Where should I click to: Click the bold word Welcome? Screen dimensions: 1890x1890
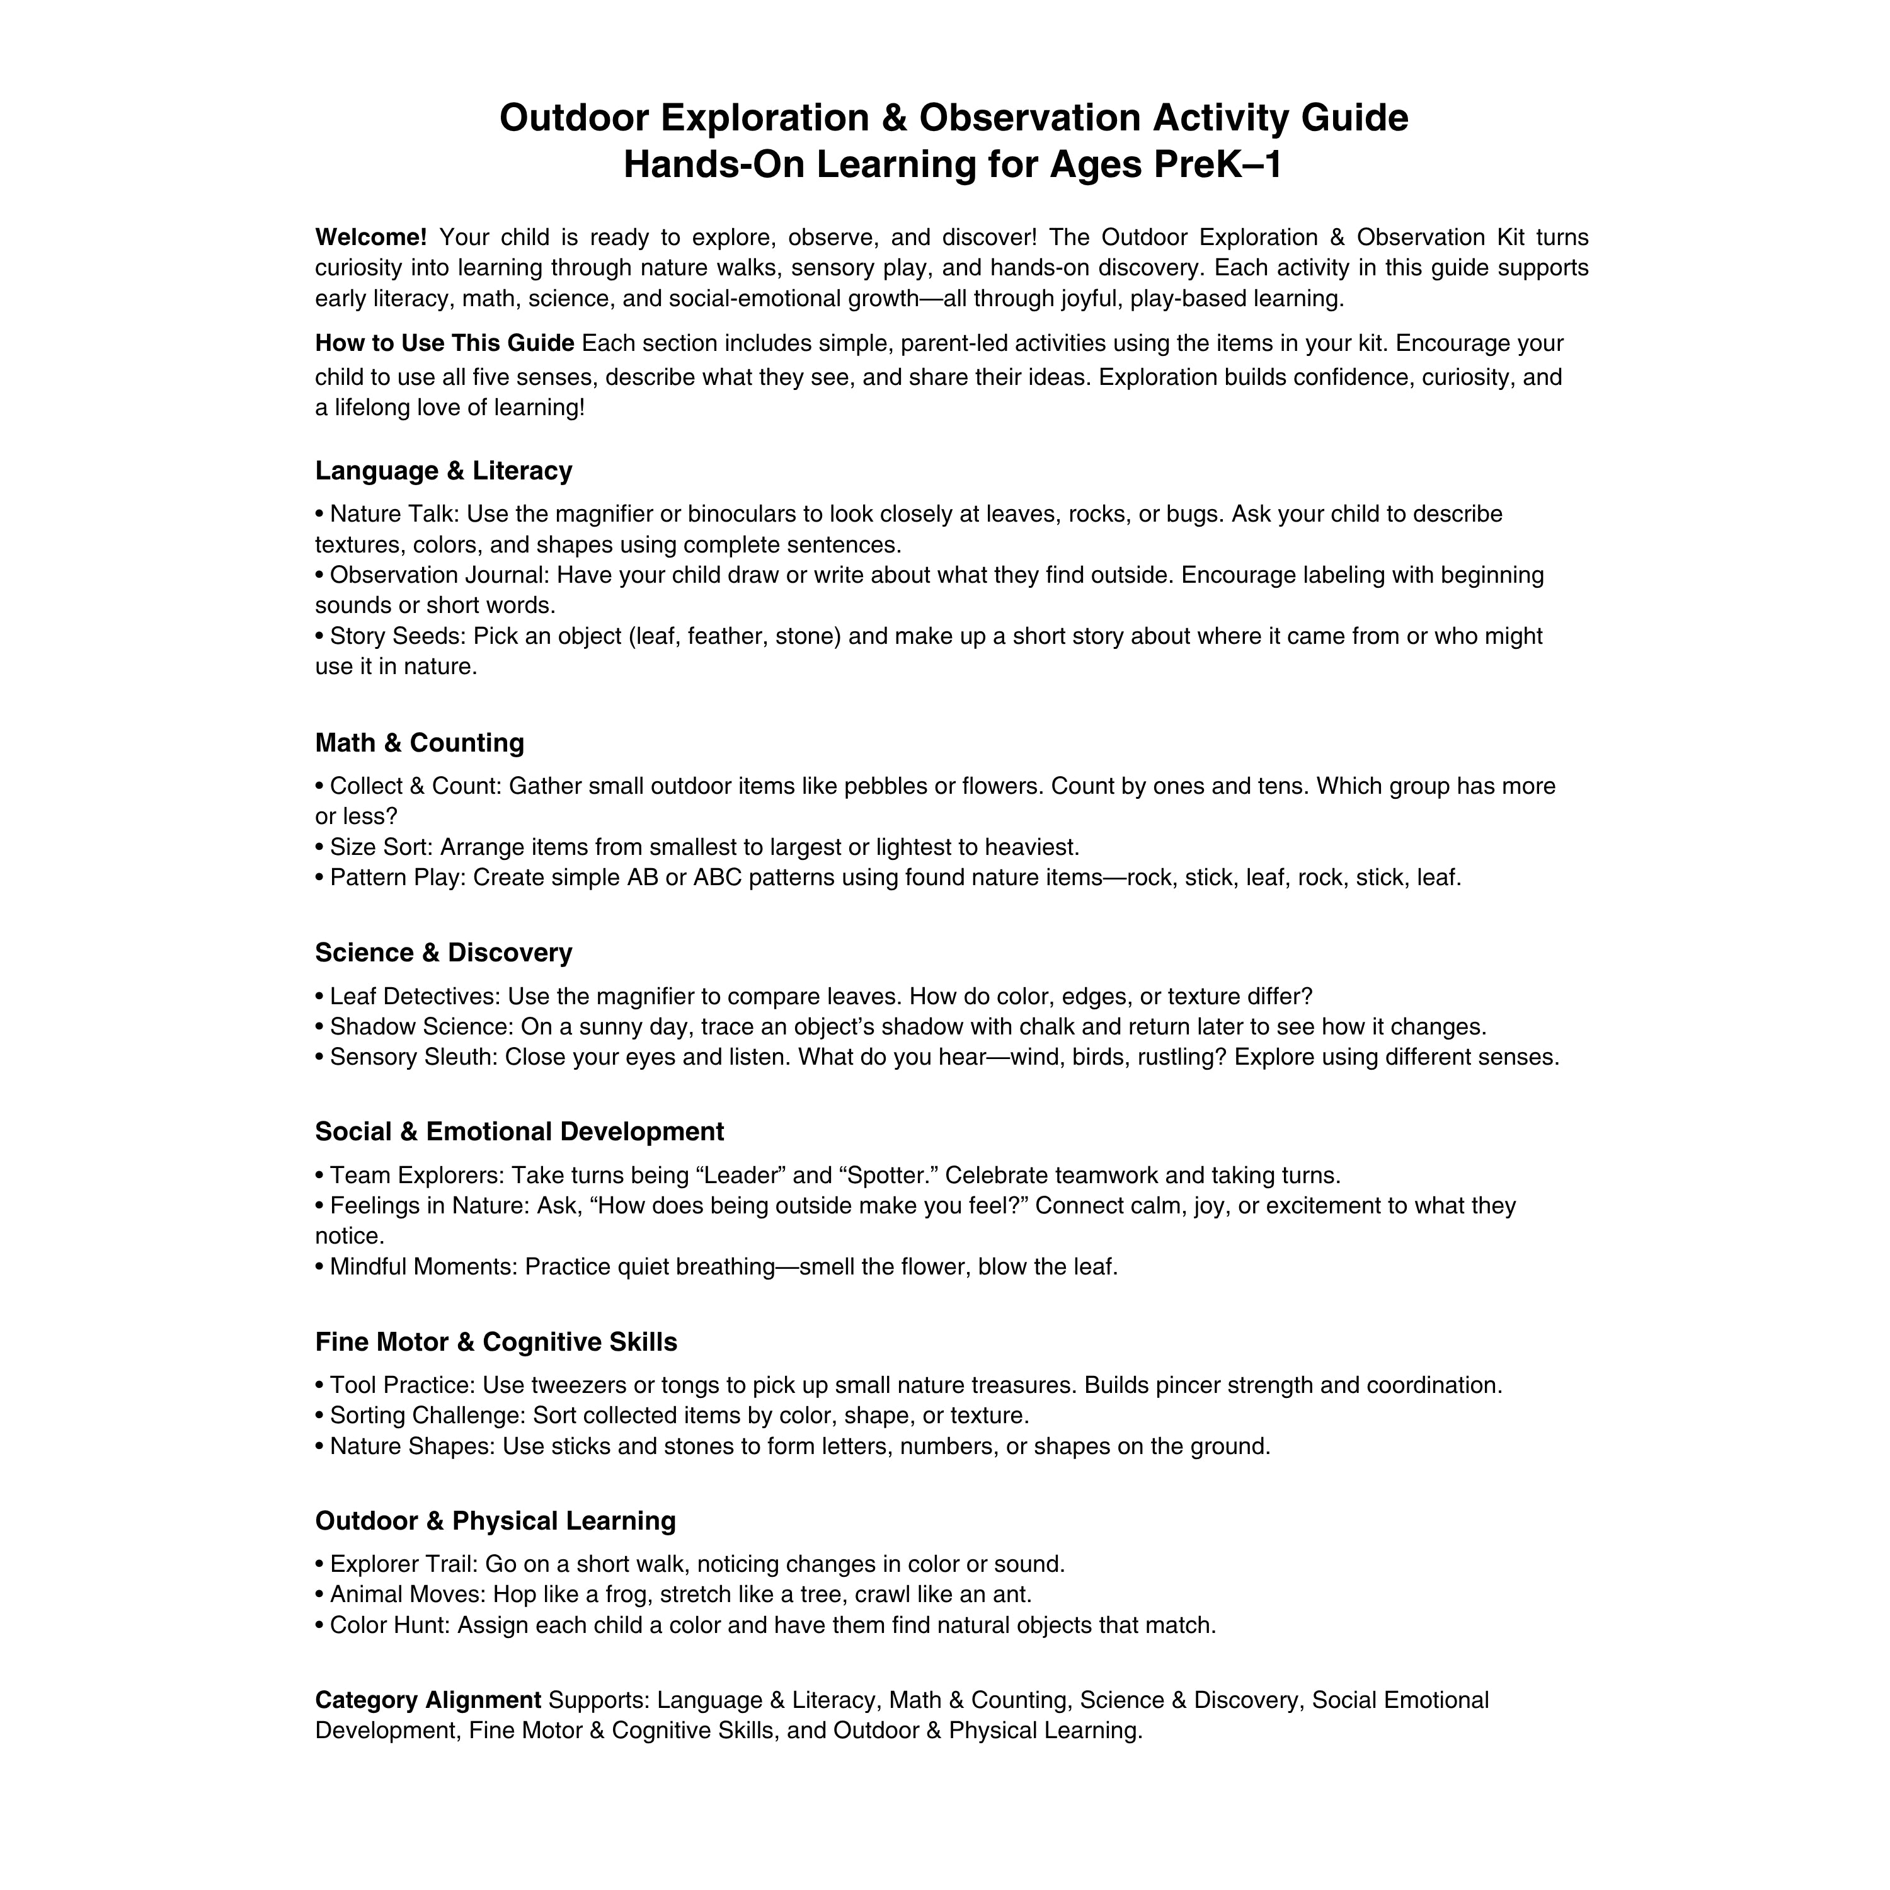pos(371,238)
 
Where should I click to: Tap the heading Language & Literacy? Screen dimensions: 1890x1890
pos(443,471)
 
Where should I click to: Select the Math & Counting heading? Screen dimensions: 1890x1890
pos(419,743)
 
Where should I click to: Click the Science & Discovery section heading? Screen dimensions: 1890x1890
pos(443,953)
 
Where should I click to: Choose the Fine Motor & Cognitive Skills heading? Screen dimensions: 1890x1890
pos(496,1342)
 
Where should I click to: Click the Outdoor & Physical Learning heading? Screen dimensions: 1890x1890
pos(495,1521)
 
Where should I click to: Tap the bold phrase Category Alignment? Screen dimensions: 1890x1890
pos(428,1700)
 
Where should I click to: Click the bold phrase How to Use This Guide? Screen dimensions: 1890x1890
pos(444,345)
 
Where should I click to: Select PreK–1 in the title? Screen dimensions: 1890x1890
pos(1217,164)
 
